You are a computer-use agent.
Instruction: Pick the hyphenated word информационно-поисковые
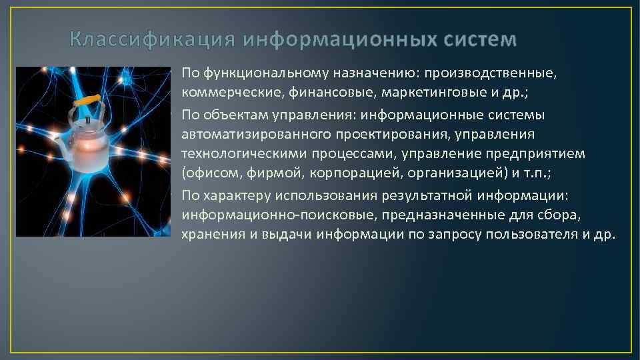(268, 215)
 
